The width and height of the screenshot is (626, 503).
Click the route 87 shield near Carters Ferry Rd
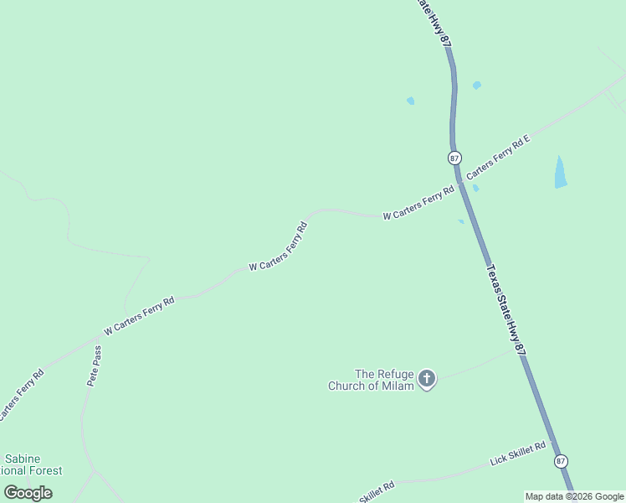(454, 158)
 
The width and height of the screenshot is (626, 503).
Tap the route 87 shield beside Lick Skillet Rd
(561, 461)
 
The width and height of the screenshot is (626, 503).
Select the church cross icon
(427, 379)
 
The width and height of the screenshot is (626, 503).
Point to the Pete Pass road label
(95, 366)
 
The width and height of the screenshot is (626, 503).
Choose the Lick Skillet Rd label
(517, 454)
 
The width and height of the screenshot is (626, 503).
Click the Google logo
(28, 493)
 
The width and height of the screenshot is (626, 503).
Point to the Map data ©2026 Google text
(574, 496)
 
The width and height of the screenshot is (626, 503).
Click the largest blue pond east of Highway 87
(560, 172)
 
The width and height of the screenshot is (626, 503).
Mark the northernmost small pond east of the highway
(477, 86)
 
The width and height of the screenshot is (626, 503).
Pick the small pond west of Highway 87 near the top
(410, 101)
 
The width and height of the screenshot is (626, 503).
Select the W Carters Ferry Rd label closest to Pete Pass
(139, 315)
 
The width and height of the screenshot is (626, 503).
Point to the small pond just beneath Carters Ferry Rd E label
(475, 188)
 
